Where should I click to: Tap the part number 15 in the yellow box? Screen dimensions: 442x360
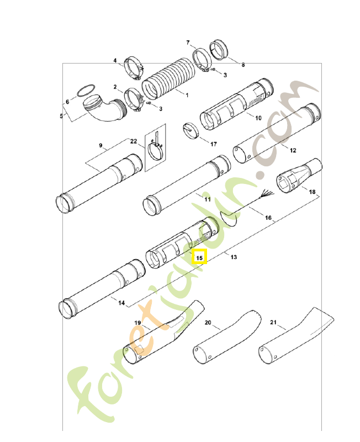199,257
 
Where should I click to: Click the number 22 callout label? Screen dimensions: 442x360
133,141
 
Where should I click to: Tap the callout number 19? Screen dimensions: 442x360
138,322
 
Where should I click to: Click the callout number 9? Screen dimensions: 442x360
100,145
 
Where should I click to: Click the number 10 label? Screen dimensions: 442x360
257,118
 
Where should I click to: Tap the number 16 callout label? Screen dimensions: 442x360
268,218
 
